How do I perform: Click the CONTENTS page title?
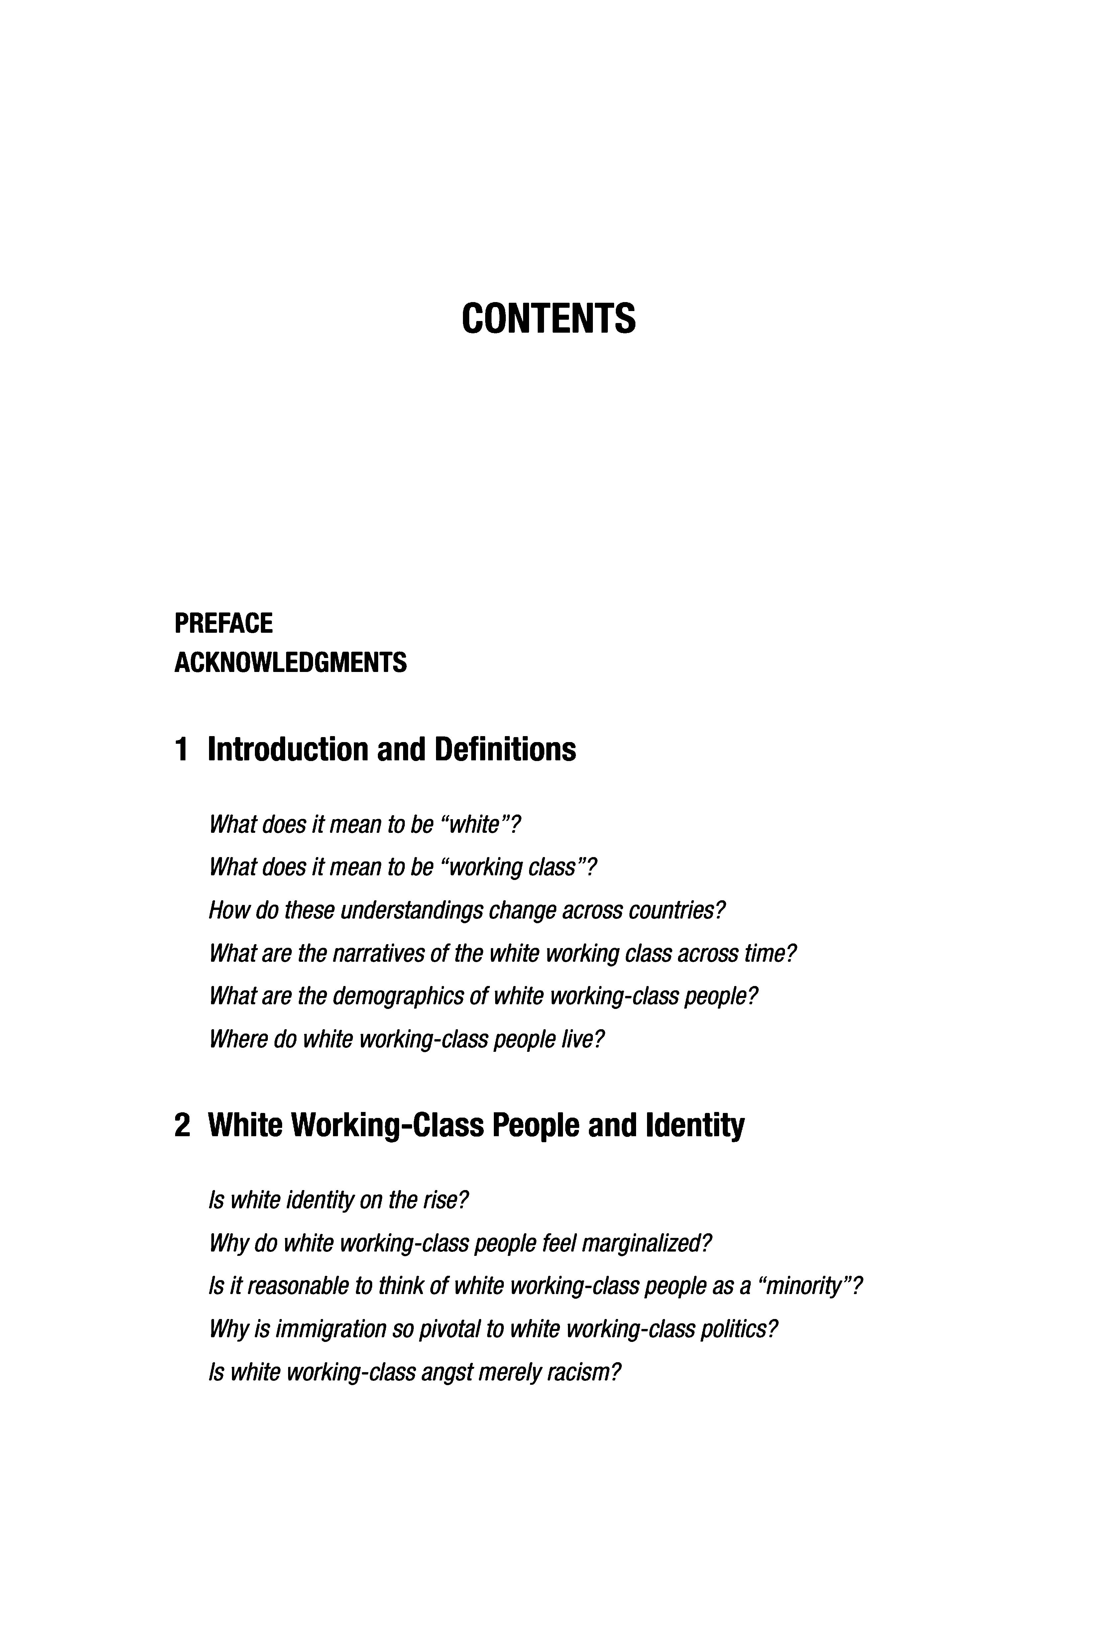click(x=548, y=319)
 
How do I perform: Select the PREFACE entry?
click(x=223, y=623)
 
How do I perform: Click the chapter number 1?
click(x=181, y=750)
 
